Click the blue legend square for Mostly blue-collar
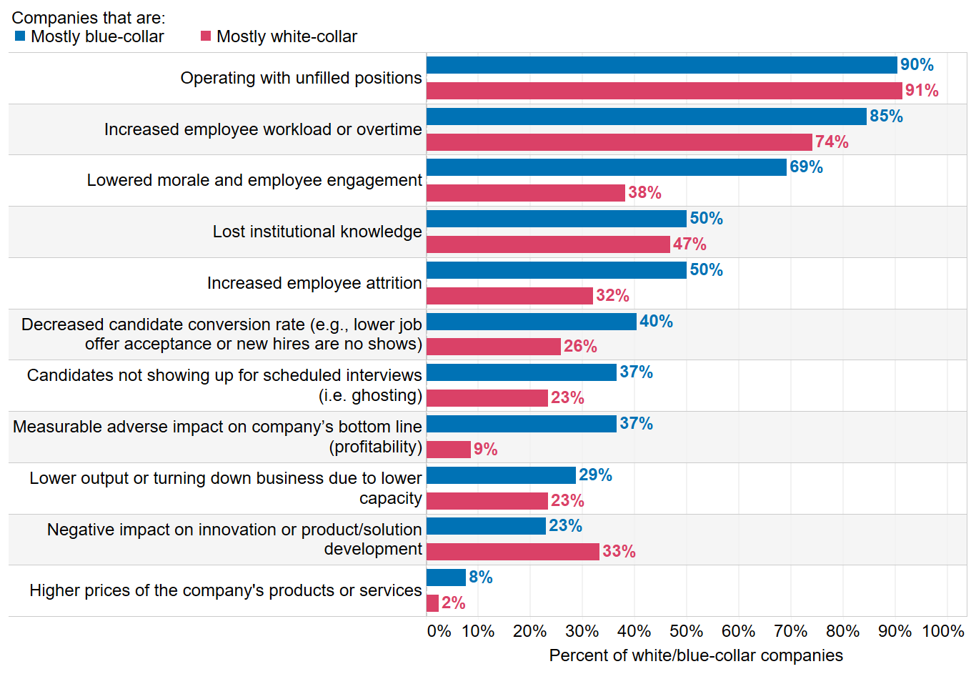pyautogui.click(x=20, y=36)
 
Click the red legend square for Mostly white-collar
pyautogui.click(x=206, y=36)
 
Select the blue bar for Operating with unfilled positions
pyautogui.click(x=661, y=65)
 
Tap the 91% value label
pyautogui.click(x=922, y=91)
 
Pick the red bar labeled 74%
pyautogui.click(x=619, y=142)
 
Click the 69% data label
pyautogui.click(x=806, y=167)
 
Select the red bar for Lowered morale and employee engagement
pyautogui.click(x=525, y=193)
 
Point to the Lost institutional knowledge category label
pyautogui.click(x=317, y=232)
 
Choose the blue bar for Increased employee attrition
pyautogui.click(x=556, y=270)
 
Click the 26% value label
pyautogui.click(x=580, y=347)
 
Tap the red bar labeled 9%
pyautogui.click(x=449, y=450)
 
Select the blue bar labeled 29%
pyautogui.click(x=501, y=475)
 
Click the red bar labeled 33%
pyautogui.click(x=512, y=552)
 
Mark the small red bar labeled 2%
pyautogui.click(x=432, y=603)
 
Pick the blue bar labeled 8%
pyautogui.click(x=446, y=578)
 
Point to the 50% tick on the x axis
pyautogui.click(x=686, y=631)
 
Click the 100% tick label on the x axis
pyautogui.click(x=943, y=631)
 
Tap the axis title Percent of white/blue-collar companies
pyautogui.click(x=696, y=655)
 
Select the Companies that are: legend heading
pyautogui.click(x=89, y=18)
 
